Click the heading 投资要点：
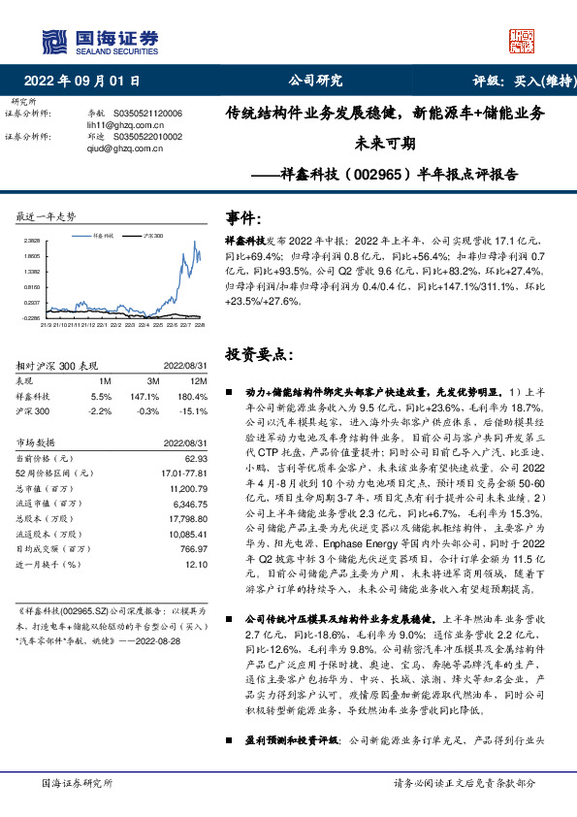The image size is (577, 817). tap(256, 355)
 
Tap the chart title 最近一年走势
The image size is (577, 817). tap(47, 215)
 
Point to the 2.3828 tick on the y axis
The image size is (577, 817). tap(31, 240)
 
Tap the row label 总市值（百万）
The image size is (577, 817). tap(46, 489)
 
